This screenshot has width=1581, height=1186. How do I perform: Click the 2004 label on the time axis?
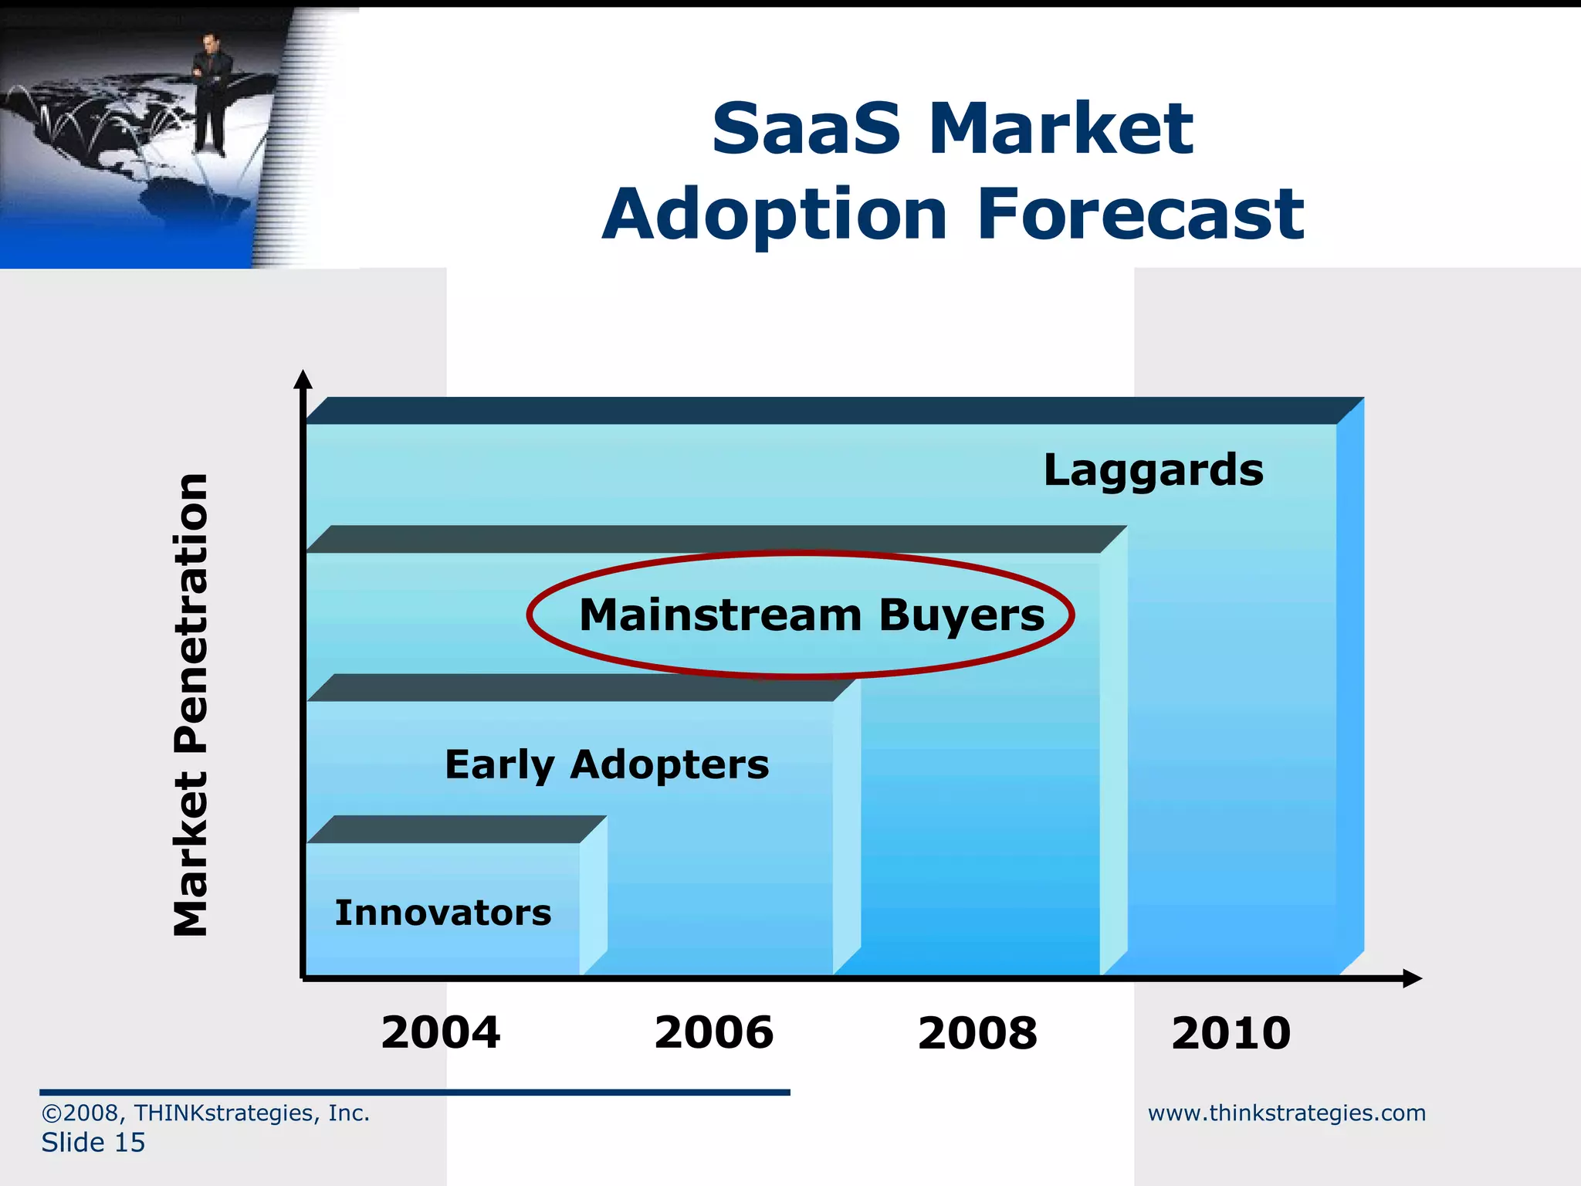[x=441, y=1032]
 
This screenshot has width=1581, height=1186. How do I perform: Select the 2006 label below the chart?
[x=713, y=1032]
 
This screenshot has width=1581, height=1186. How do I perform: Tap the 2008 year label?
[x=977, y=1032]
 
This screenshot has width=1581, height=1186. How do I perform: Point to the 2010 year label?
[x=1231, y=1032]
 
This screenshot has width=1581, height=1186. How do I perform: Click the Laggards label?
[x=1153, y=470]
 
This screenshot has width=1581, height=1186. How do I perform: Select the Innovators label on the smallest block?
[x=443, y=913]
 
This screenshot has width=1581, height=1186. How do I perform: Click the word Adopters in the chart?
[x=669, y=765]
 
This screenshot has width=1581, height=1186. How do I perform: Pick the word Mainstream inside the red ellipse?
[x=720, y=615]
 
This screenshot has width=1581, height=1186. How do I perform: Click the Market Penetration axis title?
[x=191, y=704]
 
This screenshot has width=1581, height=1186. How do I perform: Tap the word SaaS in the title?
[x=806, y=128]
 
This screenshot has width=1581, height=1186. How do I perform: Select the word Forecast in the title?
[x=1140, y=214]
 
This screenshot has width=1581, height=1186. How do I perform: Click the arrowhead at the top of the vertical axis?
[x=303, y=378]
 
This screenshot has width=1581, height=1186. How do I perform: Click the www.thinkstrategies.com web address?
[x=1286, y=1113]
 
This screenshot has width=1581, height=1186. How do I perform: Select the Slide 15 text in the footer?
[x=93, y=1143]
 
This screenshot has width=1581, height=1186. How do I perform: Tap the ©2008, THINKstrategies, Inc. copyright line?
[x=205, y=1113]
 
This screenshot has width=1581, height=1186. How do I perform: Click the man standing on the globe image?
[x=209, y=93]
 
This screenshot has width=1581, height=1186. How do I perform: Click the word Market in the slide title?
[x=1061, y=128]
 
